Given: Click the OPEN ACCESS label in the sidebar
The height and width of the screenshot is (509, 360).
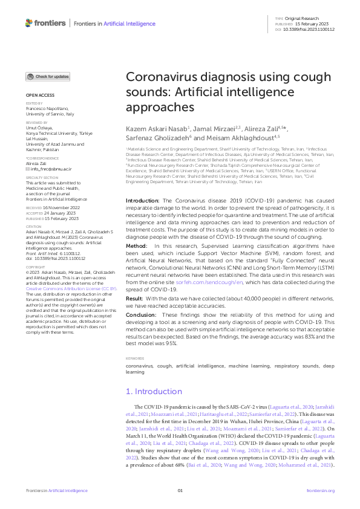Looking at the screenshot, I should [x=39, y=96].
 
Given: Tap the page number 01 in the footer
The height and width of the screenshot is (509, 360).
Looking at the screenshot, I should [x=180, y=491].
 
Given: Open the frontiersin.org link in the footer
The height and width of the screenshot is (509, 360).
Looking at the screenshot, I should [x=321, y=491].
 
